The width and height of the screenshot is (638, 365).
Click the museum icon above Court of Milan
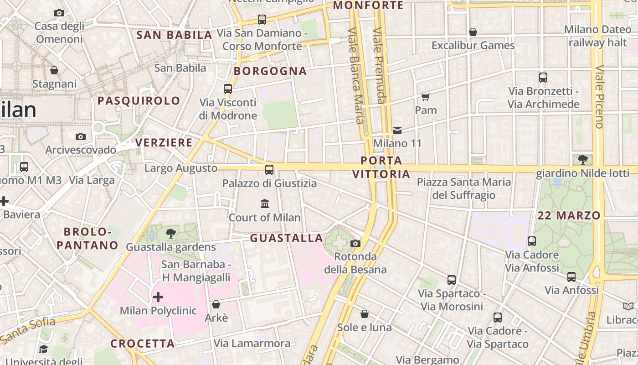[x=265, y=203]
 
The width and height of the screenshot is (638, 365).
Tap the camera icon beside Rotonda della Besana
[x=355, y=243]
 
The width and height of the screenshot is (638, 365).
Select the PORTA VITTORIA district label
[x=381, y=167]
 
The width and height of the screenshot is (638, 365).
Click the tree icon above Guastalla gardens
[x=171, y=234]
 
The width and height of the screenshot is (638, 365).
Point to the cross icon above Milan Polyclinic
[x=158, y=297]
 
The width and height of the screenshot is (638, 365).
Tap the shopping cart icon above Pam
[x=426, y=97]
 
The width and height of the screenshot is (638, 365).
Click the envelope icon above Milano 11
[x=397, y=130]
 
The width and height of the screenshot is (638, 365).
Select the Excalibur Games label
[x=473, y=46]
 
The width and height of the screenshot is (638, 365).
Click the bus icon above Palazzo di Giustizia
[x=269, y=170]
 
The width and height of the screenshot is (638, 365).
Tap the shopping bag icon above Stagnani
[x=54, y=70]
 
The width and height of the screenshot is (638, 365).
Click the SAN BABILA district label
[x=175, y=35]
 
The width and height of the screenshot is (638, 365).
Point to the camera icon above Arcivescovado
[x=81, y=136]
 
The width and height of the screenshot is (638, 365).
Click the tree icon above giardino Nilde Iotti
[x=582, y=159]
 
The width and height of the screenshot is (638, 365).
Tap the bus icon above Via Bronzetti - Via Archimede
[x=543, y=78]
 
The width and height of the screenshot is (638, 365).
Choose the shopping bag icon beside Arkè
[x=216, y=304]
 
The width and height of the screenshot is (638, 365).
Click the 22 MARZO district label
[x=569, y=216]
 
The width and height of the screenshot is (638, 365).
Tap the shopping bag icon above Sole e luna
[x=365, y=314]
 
